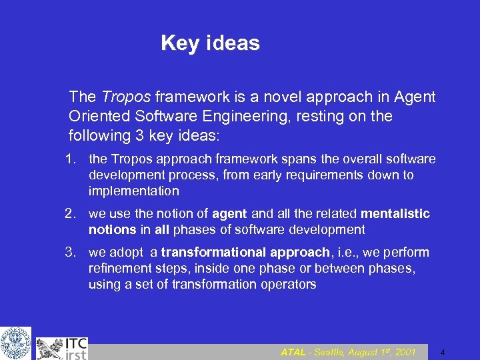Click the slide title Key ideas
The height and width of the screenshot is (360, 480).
tap(210, 43)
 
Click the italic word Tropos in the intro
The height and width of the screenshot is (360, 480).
tap(123, 97)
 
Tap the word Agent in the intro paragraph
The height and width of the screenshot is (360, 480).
tap(415, 97)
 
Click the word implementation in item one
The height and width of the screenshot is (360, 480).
tap(134, 191)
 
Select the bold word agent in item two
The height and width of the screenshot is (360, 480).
tap(229, 214)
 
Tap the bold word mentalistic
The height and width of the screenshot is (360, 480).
tap(395, 214)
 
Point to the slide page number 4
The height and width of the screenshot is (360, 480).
tap(442, 352)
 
